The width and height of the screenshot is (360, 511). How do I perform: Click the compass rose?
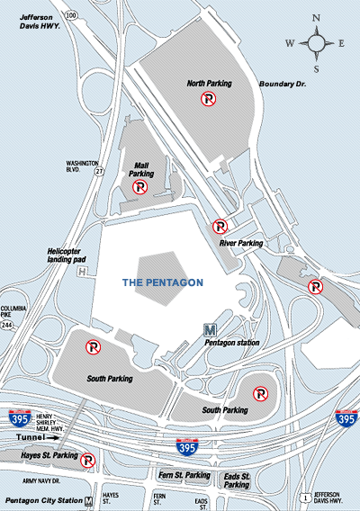click(319, 40)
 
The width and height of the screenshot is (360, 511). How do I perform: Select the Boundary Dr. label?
click(283, 85)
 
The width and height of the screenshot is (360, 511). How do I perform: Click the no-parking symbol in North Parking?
click(207, 101)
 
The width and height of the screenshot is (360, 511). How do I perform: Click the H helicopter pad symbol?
click(83, 271)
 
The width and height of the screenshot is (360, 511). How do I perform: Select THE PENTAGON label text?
click(163, 282)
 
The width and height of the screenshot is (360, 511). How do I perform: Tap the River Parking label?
click(240, 243)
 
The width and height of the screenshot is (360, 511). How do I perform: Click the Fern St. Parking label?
click(184, 474)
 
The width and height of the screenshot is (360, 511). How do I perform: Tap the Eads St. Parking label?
click(237, 480)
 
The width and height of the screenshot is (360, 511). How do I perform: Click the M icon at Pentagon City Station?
click(88, 500)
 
